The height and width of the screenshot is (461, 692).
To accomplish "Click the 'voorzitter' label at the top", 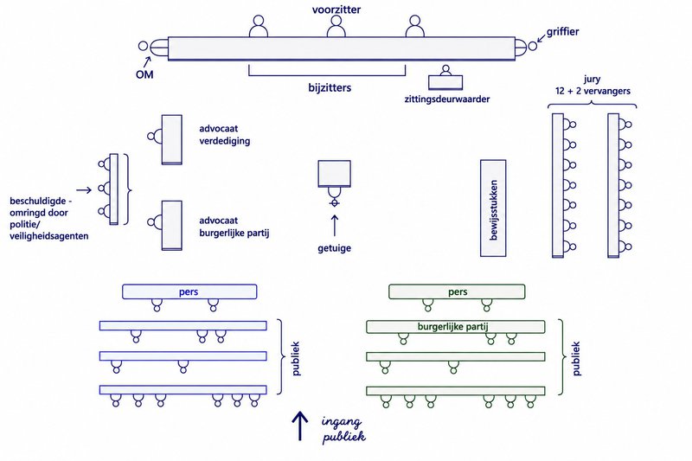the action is tap(336, 10).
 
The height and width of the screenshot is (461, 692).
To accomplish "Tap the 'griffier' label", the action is tap(563, 32).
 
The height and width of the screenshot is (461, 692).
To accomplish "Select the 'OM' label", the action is tap(144, 74).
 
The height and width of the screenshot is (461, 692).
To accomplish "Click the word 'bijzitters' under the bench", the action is tap(330, 87).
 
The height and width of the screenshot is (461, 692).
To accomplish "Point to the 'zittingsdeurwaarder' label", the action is tap(447, 99).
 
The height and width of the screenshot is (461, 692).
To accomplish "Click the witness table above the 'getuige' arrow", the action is tap(335, 174).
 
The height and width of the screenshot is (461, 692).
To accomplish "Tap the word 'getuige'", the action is tap(335, 248).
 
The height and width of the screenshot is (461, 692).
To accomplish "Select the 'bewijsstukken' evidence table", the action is tap(493, 208).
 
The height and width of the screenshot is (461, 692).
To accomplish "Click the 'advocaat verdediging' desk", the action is tap(171, 140).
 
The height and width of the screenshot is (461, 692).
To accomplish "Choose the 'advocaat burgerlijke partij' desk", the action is tap(171, 226).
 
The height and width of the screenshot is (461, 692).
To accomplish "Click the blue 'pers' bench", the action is tap(189, 291).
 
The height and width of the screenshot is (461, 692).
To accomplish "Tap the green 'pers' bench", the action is tap(457, 291).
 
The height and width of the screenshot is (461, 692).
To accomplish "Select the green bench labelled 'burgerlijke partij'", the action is tap(456, 327).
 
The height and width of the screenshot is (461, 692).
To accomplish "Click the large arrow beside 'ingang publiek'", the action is tap(299, 426).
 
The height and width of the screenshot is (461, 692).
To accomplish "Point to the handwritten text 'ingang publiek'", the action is tap(343, 429).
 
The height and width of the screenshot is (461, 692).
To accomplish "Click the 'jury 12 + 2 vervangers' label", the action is tap(593, 85).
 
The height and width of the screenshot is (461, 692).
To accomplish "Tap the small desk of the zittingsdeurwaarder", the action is tap(445, 82).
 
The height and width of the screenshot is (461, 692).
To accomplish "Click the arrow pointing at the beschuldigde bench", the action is tap(84, 190).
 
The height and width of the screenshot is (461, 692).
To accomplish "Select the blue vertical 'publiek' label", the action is tap(296, 359).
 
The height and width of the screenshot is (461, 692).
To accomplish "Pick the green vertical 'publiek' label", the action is tap(576, 359).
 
